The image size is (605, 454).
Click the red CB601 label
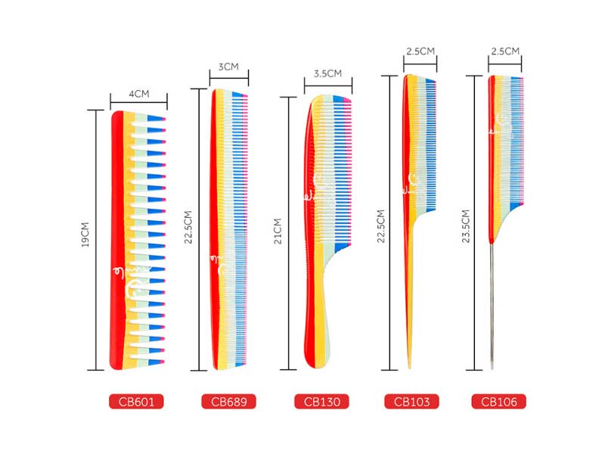coord(137,401)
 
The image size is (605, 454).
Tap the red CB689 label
coord(228,401)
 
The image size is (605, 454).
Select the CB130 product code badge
coord(322,401)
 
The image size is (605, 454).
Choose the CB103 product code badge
coord(411,401)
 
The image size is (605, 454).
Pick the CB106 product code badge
coord(499,401)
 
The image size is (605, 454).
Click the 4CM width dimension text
coord(138,95)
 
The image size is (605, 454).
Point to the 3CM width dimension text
coord(228,67)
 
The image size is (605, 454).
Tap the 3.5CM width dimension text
coord(327,73)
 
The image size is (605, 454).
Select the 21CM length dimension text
coord(278,232)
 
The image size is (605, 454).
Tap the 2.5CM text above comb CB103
coord(420,51)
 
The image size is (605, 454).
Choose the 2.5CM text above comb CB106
coord(505,51)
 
